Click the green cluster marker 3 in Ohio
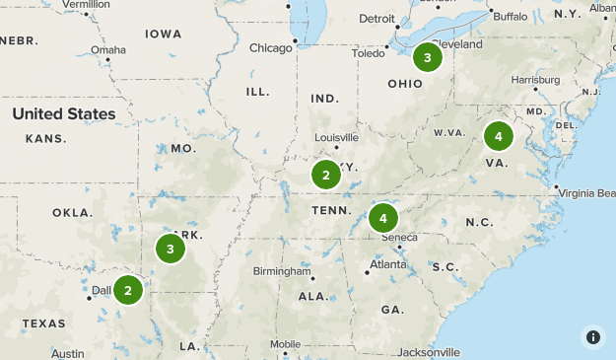click(427, 58)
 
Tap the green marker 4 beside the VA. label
click(499, 135)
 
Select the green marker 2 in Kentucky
click(325, 176)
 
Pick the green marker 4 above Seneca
click(383, 217)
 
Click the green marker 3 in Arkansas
click(171, 249)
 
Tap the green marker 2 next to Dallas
click(127, 290)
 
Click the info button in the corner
click(592, 336)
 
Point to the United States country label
click(64, 114)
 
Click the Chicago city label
click(271, 47)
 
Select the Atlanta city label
click(386, 264)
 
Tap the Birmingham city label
click(281, 271)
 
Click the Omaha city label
click(107, 50)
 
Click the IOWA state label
click(164, 34)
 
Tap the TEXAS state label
click(43, 324)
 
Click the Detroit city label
click(376, 19)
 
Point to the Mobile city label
click(285, 344)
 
